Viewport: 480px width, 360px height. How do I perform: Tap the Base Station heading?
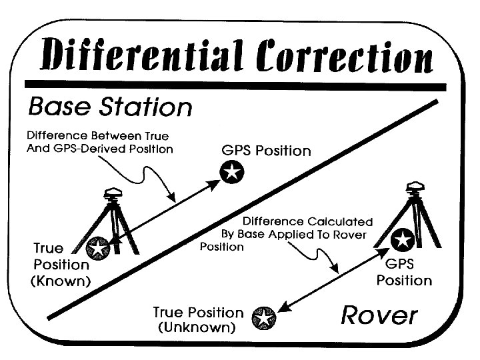click(x=109, y=107)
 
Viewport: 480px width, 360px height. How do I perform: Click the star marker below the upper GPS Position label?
click(x=231, y=173)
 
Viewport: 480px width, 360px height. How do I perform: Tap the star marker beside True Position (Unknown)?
click(x=263, y=319)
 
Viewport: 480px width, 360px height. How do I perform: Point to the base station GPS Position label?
click(x=266, y=151)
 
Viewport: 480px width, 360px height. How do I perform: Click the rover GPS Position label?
click(x=404, y=272)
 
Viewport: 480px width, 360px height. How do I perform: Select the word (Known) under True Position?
click(x=61, y=281)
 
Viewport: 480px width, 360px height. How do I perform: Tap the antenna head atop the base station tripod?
click(x=113, y=193)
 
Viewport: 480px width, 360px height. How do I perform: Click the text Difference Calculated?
click(x=307, y=221)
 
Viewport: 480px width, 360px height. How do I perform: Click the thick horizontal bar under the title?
click(x=234, y=85)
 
